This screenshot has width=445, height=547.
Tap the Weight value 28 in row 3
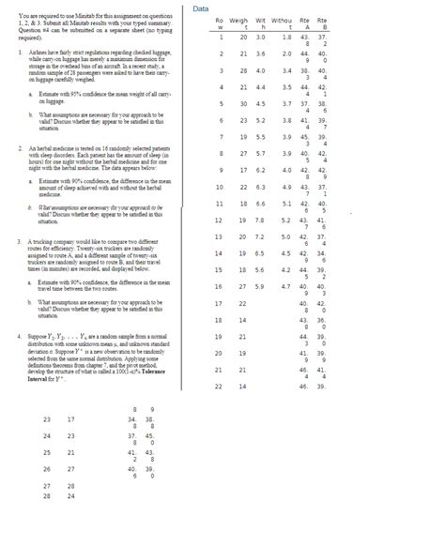(x=243, y=70)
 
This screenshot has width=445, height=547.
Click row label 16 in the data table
(x=217, y=285)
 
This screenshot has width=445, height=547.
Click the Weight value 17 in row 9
(x=243, y=169)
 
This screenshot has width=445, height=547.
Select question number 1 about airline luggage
(x=21, y=54)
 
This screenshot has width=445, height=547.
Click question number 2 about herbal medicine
(x=21, y=148)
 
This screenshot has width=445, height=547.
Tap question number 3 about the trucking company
(x=21, y=241)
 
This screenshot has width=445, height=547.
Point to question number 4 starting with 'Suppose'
(x=21, y=334)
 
